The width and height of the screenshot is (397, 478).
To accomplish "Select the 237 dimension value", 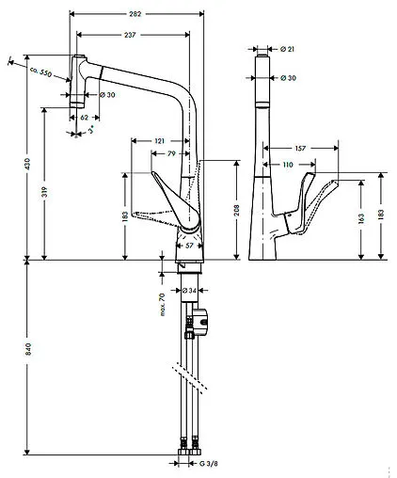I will [131, 36].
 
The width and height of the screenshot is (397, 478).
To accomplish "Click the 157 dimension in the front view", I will [300, 148].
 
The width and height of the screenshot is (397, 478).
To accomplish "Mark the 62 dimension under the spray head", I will [85, 119].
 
